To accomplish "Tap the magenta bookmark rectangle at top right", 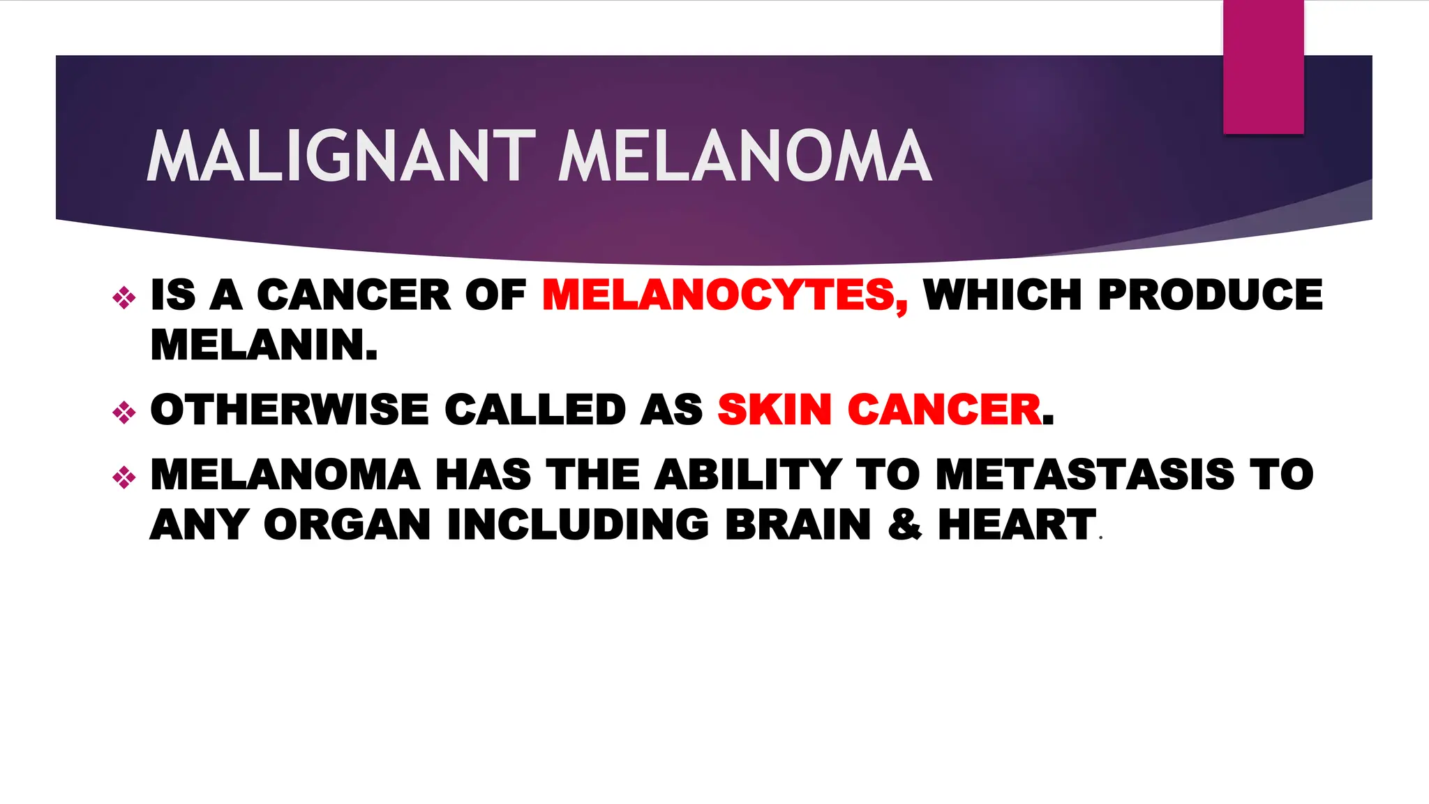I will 1263,67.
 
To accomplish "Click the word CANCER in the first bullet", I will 354,295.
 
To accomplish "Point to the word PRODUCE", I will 1210,295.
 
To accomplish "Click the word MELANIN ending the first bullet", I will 264,345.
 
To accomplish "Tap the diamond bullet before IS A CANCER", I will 124,298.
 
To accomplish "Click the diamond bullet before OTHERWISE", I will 124,412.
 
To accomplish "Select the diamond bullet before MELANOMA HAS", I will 124,477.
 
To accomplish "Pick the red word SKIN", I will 775,410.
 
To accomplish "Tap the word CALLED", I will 535,410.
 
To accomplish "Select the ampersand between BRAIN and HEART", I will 904,525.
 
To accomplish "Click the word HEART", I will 1017,525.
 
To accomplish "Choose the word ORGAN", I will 347,525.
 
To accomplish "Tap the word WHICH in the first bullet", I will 1003,295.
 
